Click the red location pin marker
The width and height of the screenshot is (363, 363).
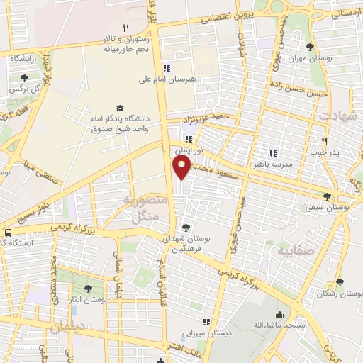click(182, 167)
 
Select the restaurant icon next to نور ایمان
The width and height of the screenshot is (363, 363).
click(189, 139)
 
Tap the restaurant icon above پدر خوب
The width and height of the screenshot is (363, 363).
click(325, 140)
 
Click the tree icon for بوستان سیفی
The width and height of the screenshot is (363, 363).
click(327, 196)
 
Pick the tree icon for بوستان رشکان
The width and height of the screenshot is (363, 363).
click(340, 282)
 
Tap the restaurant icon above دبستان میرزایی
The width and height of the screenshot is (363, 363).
click(206, 321)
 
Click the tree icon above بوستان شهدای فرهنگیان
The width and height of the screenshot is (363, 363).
click(185, 228)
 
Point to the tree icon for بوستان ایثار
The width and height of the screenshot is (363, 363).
click(88, 289)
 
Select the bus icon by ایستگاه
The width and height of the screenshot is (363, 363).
click(8, 232)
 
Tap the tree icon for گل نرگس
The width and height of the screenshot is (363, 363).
click(24, 78)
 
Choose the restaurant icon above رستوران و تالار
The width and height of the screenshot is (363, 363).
click(125, 28)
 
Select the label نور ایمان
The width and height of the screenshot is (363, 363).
click(191, 150)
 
